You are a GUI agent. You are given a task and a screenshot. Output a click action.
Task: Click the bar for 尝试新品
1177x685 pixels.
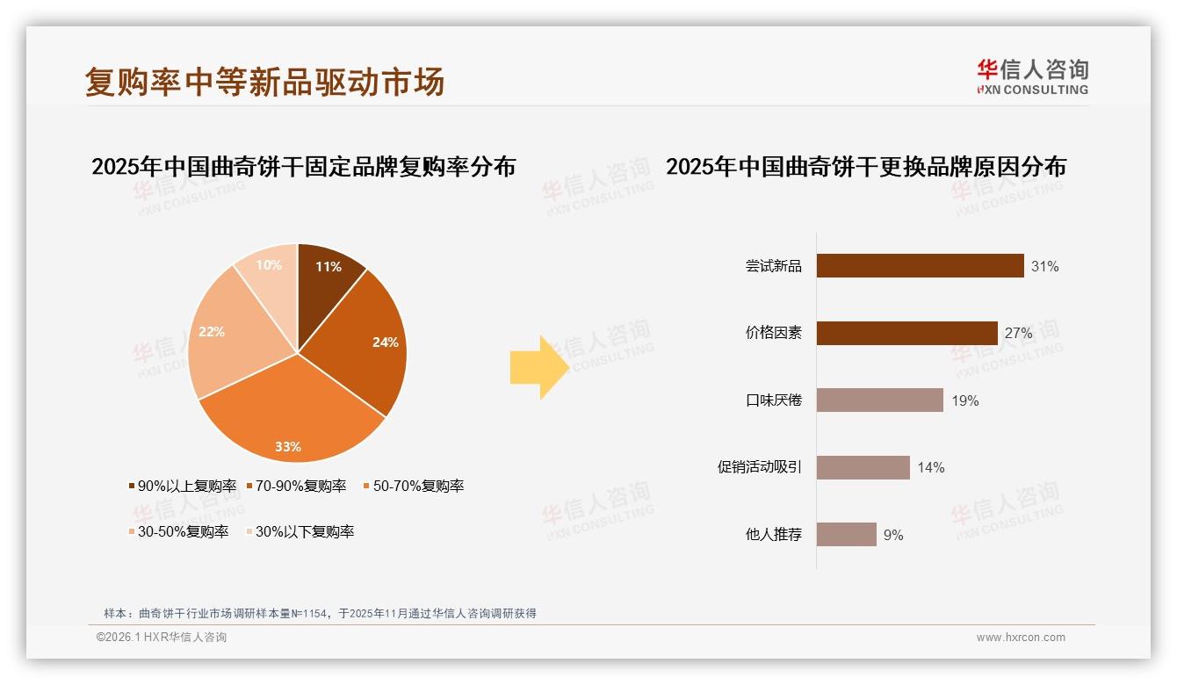coord(920,266)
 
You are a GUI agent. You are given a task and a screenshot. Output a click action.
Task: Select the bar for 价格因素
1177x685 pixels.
coord(906,334)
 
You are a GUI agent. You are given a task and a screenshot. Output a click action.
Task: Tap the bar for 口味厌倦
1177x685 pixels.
coord(879,400)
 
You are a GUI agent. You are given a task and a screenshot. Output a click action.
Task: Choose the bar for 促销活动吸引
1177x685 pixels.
coord(863,467)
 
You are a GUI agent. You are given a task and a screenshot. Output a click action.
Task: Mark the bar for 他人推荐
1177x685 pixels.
coord(846,535)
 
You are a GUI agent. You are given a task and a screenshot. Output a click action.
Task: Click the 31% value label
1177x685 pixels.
coord(1045,267)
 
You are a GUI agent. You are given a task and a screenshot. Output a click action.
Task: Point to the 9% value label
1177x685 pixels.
coord(893,535)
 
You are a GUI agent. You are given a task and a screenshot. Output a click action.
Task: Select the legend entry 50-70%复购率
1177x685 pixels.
coord(413,487)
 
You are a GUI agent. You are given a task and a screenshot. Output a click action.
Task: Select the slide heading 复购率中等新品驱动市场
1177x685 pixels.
coord(264,82)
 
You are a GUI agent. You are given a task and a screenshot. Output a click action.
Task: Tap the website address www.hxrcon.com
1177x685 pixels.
coord(1021,638)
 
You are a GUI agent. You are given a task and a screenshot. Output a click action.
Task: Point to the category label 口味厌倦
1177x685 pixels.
coord(773,401)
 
